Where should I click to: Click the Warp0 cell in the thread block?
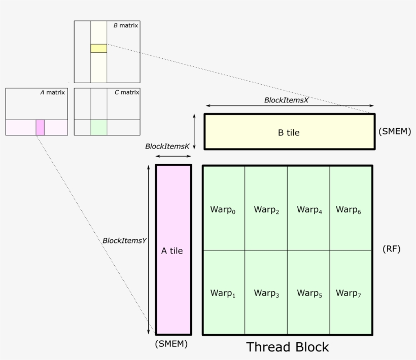coord(224,209)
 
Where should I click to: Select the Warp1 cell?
coord(224,293)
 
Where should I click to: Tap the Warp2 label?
coord(266,209)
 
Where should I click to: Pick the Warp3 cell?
coord(266,293)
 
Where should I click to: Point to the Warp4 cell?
coord(309,209)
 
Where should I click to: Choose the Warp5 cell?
coord(309,293)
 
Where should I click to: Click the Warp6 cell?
coord(351,209)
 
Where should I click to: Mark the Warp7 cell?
coord(351,293)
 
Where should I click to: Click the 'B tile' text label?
coord(288,133)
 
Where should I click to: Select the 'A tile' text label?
coord(172,250)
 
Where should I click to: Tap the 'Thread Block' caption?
coord(287,347)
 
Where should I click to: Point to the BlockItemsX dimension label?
coord(286,100)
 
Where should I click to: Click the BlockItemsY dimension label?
coord(124,241)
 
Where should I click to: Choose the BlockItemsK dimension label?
coord(167,146)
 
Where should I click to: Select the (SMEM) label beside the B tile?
coord(394,131)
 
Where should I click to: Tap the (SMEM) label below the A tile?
coord(171,344)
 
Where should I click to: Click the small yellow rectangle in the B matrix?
coord(99,48)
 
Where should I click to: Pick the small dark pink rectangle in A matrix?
coord(40,127)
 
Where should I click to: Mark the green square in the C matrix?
coord(99,127)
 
